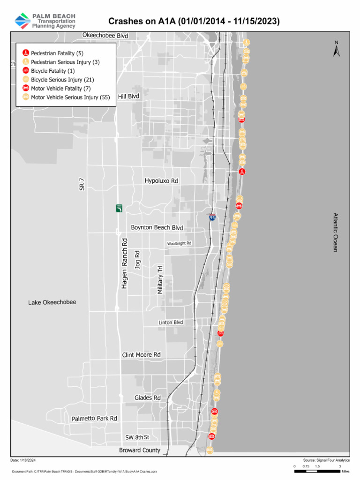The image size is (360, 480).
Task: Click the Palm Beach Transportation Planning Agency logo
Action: pyautogui.click(x=45, y=21)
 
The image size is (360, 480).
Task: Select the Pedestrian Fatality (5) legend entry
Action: pyautogui.click(x=57, y=53)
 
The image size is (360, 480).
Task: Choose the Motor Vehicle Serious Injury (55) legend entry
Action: pyautogui.click(x=70, y=97)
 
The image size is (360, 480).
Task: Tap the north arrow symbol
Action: pyautogui.click(x=336, y=49)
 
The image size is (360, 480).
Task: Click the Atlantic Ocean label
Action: pyautogui.click(x=335, y=232)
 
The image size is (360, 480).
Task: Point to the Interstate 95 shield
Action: pyautogui.click(x=212, y=218)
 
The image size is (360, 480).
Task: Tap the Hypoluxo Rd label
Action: pyautogui.click(x=161, y=180)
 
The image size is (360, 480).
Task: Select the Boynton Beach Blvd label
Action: pyautogui.click(x=157, y=227)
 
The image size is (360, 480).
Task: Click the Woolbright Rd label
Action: pyautogui.click(x=179, y=243)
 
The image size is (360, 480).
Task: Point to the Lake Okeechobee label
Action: pyautogui.click(x=52, y=302)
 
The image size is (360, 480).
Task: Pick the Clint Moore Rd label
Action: pyautogui.click(x=141, y=355)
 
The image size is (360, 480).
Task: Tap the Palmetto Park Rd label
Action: pyautogui.click(x=94, y=418)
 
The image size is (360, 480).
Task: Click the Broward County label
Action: pyautogui.click(x=140, y=450)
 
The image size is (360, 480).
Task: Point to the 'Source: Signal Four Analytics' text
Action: pyautogui.click(x=326, y=461)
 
